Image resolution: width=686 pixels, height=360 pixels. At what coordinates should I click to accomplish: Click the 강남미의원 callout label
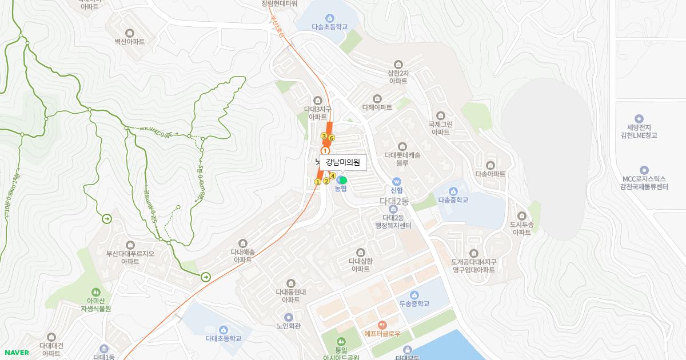[343, 162]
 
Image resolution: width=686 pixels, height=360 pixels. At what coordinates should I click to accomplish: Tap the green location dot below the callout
[343, 180]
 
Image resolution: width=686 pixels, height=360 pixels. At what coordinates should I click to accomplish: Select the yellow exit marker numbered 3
[324, 136]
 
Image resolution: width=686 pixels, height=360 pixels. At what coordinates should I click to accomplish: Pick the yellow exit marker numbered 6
[332, 138]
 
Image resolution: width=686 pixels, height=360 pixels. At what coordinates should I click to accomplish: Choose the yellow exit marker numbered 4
[333, 176]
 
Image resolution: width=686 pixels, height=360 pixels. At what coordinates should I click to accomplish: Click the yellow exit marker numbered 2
[326, 181]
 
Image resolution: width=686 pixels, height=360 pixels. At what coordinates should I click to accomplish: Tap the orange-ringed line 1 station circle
[325, 151]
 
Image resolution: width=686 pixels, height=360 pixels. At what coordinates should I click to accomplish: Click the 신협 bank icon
[397, 181]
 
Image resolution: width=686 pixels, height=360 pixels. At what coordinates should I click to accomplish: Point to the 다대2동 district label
[394, 201]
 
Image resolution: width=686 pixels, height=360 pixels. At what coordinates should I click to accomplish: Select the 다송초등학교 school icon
[329, 18]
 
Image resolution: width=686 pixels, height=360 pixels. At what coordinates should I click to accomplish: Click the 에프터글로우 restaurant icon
[382, 325]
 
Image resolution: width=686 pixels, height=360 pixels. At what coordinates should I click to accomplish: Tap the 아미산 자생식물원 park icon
[95, 292]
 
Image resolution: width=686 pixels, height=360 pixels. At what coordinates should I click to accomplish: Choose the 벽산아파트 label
[129, 42]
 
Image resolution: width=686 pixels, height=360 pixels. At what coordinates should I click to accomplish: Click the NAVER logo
[17, 353]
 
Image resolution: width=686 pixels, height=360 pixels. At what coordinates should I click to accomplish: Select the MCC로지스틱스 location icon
[644, 170]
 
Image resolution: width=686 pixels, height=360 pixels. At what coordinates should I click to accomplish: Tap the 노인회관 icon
[288, 317]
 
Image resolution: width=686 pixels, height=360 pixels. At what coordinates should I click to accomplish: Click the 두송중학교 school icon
[414, 294]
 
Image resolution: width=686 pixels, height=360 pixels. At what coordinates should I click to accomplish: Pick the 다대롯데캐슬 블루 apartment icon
[402, 146]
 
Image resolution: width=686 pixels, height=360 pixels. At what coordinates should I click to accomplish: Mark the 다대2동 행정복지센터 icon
[393, 209]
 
